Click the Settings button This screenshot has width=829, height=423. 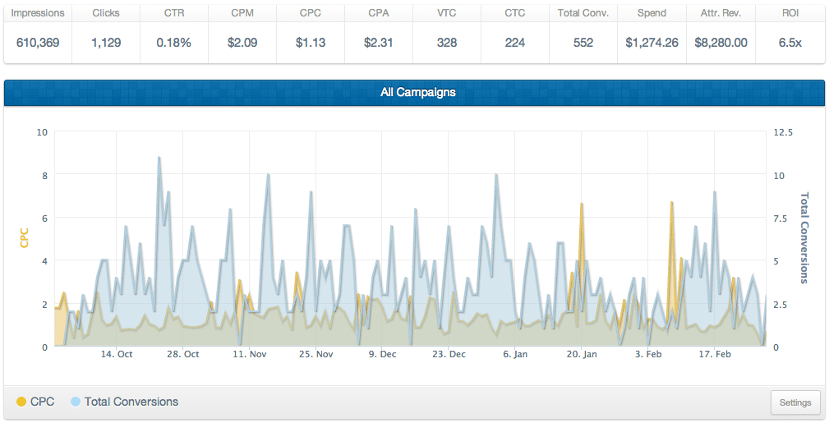pos(795,402)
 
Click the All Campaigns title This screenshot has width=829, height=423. pos(417,92)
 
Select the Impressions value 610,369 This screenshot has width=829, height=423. pos(38,43)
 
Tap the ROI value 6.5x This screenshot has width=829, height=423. pos(790,43)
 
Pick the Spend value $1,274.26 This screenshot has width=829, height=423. pos(652,43)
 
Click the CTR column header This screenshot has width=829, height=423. pos(174,13)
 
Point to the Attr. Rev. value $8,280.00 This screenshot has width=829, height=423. pos(721,43)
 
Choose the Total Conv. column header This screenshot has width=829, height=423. pos(583,13)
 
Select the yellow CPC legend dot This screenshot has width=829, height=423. pos(21,402)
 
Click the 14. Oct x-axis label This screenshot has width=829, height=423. pos(117,354)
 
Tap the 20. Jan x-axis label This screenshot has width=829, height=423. pos(582,354)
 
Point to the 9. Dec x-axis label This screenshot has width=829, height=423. pos(382,354)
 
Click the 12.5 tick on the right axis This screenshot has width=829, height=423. pos(783,132)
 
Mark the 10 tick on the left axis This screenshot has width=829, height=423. pos(42,132)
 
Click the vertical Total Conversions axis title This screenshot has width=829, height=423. pos(804,238)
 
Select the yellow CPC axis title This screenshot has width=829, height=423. pos(24,238)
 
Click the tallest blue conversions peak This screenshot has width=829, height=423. pos(159,157)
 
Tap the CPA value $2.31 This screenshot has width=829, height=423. pos(379,43)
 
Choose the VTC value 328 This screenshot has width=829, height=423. pos(447,43)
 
